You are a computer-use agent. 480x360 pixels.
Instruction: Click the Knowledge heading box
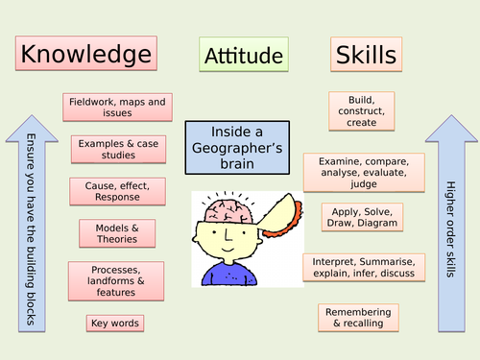tap(86, 53)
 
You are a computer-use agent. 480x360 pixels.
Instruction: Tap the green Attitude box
tap(244, 54)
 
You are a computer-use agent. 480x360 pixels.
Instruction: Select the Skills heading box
tap(366, 54)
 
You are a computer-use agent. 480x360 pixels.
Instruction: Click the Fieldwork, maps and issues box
tap(117, 108)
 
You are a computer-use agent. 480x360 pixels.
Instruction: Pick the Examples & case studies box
tap(118, 150)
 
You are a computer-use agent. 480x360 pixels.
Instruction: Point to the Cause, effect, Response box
tap(117, 191)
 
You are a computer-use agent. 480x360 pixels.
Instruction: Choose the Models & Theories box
tap(117, 233)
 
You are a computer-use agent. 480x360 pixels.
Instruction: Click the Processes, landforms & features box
tap(116, 281)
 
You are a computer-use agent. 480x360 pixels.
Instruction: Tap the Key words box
tap(115, 324)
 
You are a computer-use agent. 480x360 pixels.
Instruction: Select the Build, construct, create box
tap(362, 111)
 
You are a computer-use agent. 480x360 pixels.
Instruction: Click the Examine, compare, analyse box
tap(364, 173)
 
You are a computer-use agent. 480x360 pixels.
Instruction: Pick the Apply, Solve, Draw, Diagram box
tap(362, 217)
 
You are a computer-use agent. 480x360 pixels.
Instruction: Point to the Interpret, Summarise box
tap(364, 268)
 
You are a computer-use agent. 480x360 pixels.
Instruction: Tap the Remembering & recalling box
tap(358, 318)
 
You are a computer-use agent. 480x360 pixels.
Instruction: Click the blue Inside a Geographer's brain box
tap(237, 148)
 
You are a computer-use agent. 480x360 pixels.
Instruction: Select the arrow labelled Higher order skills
tap(451, 224)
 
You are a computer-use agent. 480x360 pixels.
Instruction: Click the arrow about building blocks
tap(32, 224)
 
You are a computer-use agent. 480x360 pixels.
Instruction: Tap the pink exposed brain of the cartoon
tap(228, 211)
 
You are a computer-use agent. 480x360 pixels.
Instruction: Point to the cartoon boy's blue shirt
tap(229, 274)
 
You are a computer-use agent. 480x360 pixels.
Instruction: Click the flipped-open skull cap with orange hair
tap(281, 215)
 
